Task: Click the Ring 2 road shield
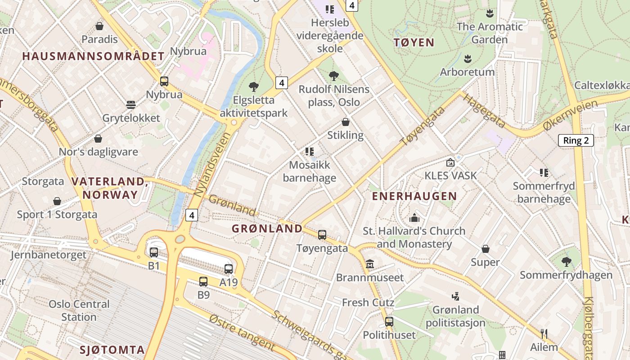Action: point(576,140)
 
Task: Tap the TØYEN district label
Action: point(414,43)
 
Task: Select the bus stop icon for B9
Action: point(203,282)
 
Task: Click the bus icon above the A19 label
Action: point(229,269)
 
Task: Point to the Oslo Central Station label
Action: point(79,310)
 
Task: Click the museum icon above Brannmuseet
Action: point(370,264)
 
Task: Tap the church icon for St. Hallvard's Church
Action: point(414,218)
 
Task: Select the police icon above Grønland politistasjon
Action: point(456,296)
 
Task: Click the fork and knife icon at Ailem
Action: point(544,333)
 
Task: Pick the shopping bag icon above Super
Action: point(486,249)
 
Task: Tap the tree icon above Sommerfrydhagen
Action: point(566,261)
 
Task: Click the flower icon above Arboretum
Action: point(468,58)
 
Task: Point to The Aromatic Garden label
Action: point(490,33)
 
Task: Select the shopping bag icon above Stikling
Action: point(346,122)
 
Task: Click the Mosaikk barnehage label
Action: point(309,171)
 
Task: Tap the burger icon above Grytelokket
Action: point(131,105)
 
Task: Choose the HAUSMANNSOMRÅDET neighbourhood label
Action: point(93,56)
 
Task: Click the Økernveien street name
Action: point(571,116)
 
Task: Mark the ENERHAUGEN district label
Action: point(414,196)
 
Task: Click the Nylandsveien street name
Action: point(211,164)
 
